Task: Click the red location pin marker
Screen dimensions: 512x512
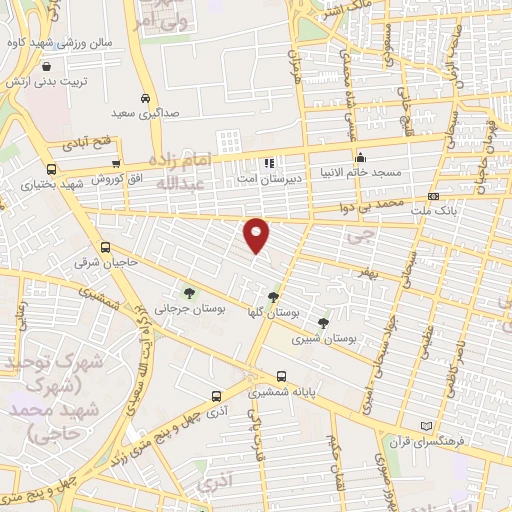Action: coord(257,234)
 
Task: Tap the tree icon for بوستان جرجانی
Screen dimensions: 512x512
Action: coord(189,292)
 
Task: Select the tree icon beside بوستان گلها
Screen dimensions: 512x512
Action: coord(274,296)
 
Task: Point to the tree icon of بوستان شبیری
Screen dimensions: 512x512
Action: coord(322,322)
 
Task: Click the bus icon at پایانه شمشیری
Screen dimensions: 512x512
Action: coord(282,377)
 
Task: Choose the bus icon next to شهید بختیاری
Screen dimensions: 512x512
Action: coord(51,169)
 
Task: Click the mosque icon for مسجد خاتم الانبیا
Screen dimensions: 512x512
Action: coord(360,157)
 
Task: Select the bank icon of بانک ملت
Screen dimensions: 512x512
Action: coord(433,196)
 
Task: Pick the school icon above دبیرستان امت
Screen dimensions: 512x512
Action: coord(268,162)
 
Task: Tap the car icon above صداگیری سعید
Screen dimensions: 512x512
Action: coord(147,99)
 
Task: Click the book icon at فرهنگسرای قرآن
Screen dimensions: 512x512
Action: coord(429,426)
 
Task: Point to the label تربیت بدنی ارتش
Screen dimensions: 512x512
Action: coord(48,79)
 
